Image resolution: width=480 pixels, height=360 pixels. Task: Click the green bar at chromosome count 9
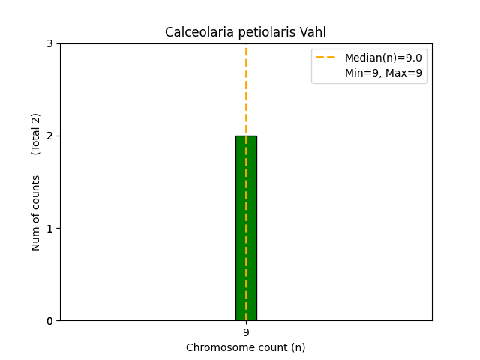pyautogui.click(x=246, y=228)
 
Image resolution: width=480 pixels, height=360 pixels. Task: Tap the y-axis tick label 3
pyautogui.click(x=49, y=43)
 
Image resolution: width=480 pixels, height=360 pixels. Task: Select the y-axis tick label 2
pyautogui.click(x=49, y=136)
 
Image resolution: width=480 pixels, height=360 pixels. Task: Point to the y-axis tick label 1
pyautogui.click(x=49, y=228)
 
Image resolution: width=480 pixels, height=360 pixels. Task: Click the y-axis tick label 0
pyautogui.click(x=49, y=321)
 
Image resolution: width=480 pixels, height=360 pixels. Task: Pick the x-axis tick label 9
pyautogui.click(x=246, y=332)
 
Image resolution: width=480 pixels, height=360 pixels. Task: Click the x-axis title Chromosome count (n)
pyautogui.click(x=246, y=347)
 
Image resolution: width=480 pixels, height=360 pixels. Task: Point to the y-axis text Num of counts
pyautogui.click(x=36, y=213)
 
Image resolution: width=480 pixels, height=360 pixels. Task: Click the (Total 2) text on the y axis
pyautogui.click(x=36, y=134)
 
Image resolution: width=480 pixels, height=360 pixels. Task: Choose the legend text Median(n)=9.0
pyautogui.click(x=383, y=58)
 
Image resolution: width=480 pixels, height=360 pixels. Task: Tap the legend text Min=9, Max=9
pyautogui.click(x=383, y=73)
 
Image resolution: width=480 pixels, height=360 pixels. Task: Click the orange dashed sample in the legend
pyautogui.click(x=328, y=58)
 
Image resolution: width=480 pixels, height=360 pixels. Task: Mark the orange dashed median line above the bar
pyautogui.click(x=246, y=90)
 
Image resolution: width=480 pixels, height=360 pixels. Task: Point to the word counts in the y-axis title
pyautogui.click(x=36, y=191)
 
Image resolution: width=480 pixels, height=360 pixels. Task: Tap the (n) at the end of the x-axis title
pyautogui.click(x=298, y=347)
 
